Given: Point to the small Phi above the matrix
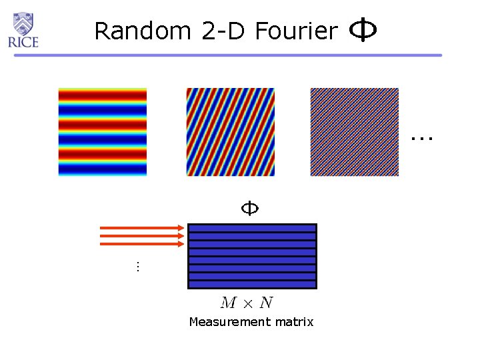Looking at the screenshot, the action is [x=249, y=209].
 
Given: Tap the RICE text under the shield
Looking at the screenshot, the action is [x=23, y=43].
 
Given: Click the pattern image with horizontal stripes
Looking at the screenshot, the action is [x=102, y=132].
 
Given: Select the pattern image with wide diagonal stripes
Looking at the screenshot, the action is [x=230, y=132].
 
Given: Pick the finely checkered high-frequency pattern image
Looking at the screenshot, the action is [x=354, y=132].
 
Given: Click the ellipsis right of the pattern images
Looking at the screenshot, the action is [x=421, y=139].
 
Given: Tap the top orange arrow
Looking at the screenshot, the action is [x=142, y=229].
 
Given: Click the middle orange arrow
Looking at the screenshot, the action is [x=142, y=237].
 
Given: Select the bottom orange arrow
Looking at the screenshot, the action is [x=142, y=245].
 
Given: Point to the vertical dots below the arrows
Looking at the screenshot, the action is [x=136, y=267].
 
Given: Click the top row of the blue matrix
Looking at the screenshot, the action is [x=252, y=228].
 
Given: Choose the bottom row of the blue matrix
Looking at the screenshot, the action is [x=252, y=285].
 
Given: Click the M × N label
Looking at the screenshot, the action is [x=246, y=303].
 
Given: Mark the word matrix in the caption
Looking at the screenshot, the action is [x=295, y=323].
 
